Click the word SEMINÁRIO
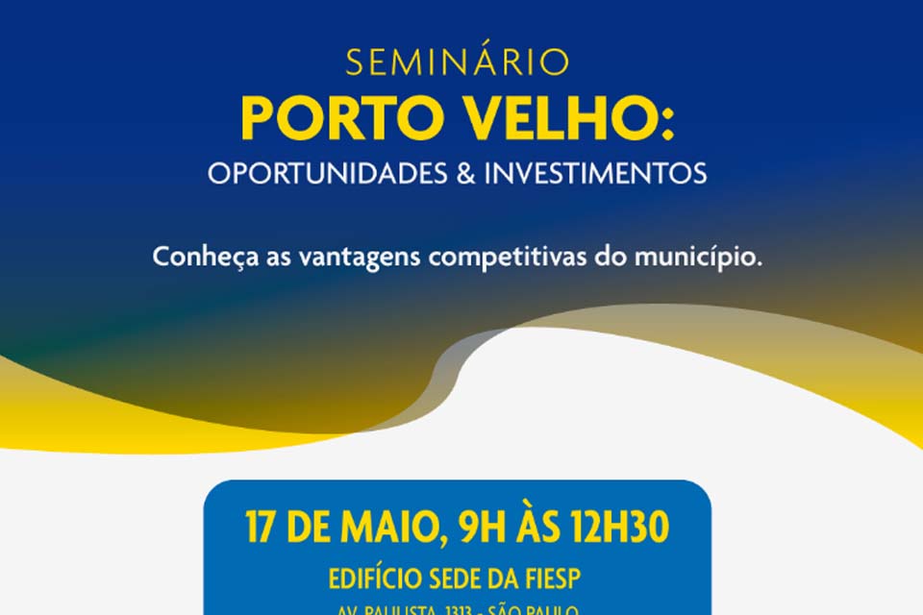[x=458, y=62]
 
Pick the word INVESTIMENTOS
[x=595, y=174]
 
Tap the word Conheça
[x=196, y=259]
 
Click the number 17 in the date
[x=262, y=529]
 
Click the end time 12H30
[x=624, y=529]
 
